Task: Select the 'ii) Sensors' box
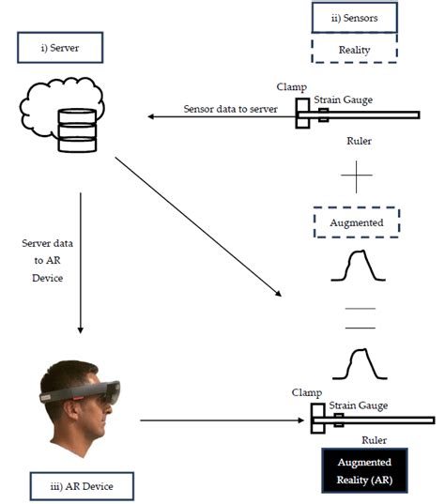click(355, 17)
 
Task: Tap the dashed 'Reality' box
click(355, 49)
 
